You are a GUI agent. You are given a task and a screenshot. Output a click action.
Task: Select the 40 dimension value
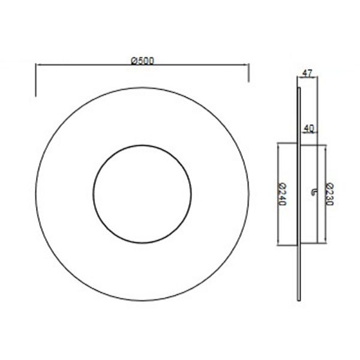(x=308, y=128)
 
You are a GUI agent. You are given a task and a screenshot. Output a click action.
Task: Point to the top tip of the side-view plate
(x=299, y=88)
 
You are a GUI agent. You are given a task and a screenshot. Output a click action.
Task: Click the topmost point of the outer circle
(x=143, y=88)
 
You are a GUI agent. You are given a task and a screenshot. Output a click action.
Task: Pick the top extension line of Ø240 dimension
(x=288, y=142)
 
